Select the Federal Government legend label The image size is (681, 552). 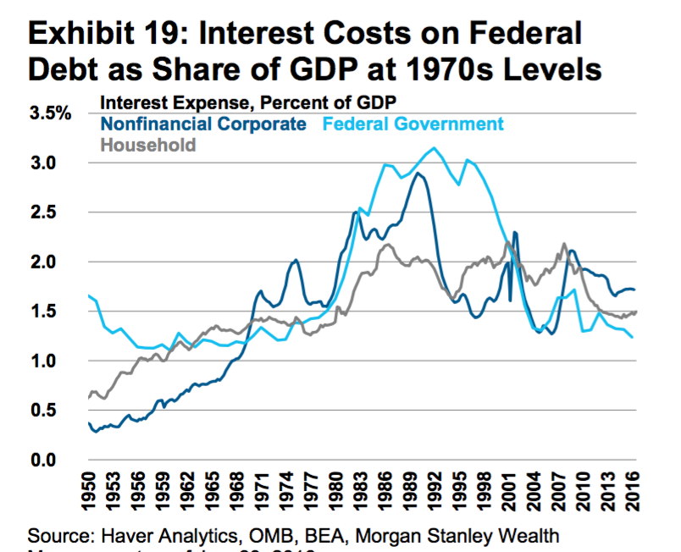point(413,124)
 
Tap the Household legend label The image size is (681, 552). point(148,144)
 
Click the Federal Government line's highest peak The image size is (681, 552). point(435,148)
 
